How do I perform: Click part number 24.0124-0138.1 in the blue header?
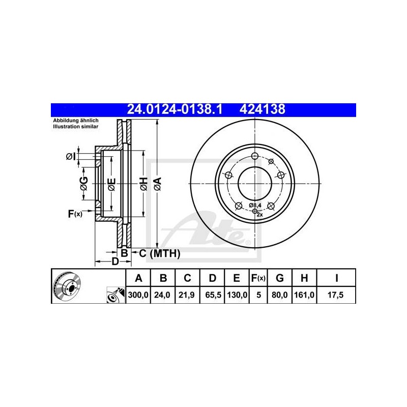pyautogui.click(x=175, y=109)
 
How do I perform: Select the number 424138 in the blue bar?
pyautogui.click(x=262, y=109)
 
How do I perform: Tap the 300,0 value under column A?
pyautogui.click(x=138, y=295)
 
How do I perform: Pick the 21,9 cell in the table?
pyautogui.click(x=187, y=295)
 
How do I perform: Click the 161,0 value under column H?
pyautogui.click(x=304, y=295)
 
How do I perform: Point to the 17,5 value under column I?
pyautogui.click(x=336, y=295)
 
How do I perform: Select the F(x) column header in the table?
pyautogui.click(x=258, y=278)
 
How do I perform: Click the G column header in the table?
pyautogui.click(x=279, y=278)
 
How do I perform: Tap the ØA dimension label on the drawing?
pyautogui.click(x=158, y=184)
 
